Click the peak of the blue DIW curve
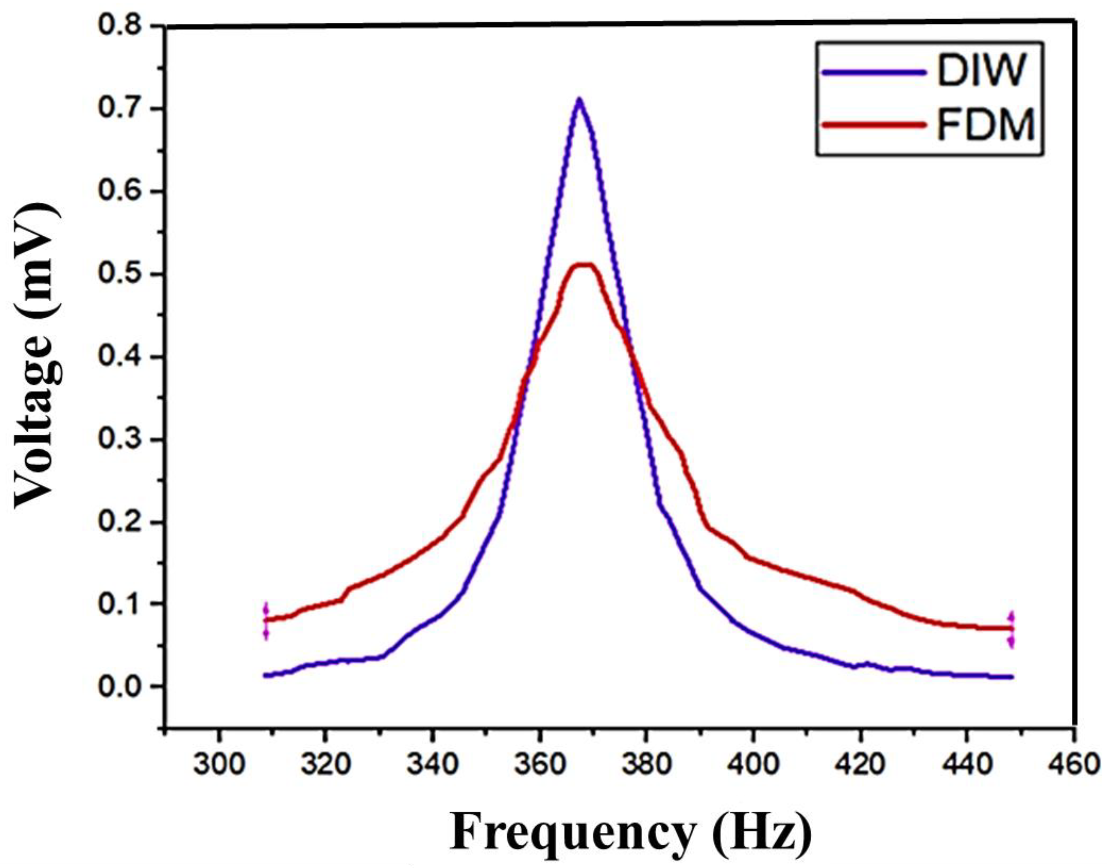tap(579, 100)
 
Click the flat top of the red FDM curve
tap(583, 264)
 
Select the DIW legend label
tap(977, 72)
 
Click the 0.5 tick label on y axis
tap(123, 274)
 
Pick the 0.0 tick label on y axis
tap(123, 687)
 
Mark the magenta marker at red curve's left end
tap(265, 621)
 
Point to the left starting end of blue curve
tap(265, 675)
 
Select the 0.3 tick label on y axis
tap(123, 440)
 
